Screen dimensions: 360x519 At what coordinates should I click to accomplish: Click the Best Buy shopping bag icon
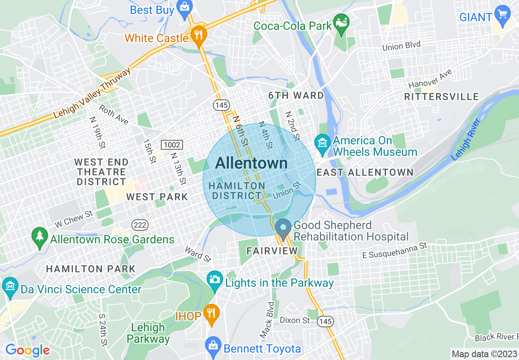click(185, 7)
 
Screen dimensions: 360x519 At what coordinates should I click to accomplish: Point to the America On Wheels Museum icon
click(323, 144)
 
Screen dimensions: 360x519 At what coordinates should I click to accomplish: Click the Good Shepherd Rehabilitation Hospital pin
click(283, 227)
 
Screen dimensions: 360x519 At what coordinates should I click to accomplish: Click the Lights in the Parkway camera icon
click(214, 280)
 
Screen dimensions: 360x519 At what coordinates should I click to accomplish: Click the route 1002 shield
click(171, 145)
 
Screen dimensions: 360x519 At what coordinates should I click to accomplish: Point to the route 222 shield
click(137, 224)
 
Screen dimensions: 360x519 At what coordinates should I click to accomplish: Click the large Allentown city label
click(251, 163)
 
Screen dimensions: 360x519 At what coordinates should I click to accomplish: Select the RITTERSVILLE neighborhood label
click(441, 97)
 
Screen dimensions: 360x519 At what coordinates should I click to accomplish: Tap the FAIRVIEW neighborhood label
click(272, 251)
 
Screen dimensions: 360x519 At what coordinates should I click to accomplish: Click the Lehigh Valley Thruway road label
click(93, 93)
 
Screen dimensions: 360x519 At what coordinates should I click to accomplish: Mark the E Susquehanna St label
click(395, 251)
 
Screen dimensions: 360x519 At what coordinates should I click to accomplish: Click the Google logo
click(27, 350)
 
